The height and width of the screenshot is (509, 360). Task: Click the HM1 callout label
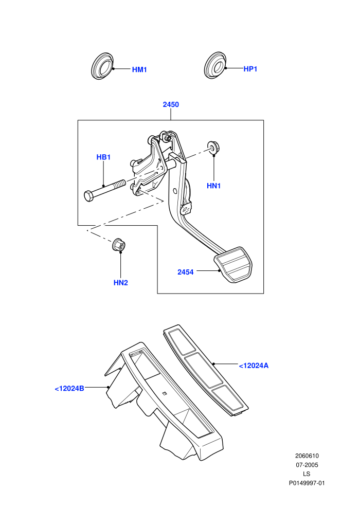pyautogui.click(x=139, y=69)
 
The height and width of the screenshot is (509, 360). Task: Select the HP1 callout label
pyautogui.click(x=250, y=69)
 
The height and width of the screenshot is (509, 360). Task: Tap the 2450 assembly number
pyautogui.click(x=171, y=104)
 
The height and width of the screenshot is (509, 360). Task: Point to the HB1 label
pyautogui.click(x=103, y=157)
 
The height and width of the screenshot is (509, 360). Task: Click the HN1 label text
pyautogui.click(x=213, y=186)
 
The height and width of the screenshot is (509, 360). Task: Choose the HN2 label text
pyautogui.click(x=121, y=283)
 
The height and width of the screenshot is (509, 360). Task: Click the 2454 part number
pyautogui.click(x=185, y=272)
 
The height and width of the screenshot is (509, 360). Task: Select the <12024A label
pyautogui.click(x=254, y=366)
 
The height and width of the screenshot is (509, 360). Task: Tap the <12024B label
pyautogui.click(x=69, y=388)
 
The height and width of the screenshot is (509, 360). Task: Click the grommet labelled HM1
pyautogui.click(x=103, y=65)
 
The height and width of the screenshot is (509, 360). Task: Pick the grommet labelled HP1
pyautogui.click(x=215, y=65)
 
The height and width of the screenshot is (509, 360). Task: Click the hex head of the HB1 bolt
pyautogui.click(x=88, y=196)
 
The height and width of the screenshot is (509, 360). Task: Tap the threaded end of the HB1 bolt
pyautogui.click(x=120, y=184)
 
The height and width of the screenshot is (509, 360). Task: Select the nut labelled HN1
pyautogui.click(x=212, y=147)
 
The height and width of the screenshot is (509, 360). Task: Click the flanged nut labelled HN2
pyautogui.click(x=119, y=244)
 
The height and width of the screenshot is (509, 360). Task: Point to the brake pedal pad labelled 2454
pyautogui.click(x=233, y=264)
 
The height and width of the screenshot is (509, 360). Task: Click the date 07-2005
pyautogui.click(x=307, y=465)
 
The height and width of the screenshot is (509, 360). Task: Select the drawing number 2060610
pyautogui.click(x=307, y=456)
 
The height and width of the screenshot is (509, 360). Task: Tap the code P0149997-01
pyautogui.click(x=307, y=483)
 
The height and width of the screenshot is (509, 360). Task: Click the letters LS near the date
pyautogui.click(x=307, y=474)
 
